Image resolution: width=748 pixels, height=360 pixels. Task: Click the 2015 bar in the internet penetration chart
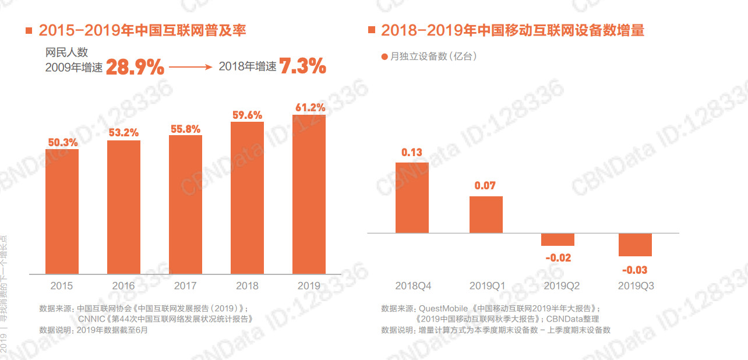[62, 211]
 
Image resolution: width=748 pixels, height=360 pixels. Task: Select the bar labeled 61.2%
[309, 194]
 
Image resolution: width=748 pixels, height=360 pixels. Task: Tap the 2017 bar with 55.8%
[185, 204]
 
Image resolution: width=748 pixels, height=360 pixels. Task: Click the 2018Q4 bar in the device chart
[412, 197]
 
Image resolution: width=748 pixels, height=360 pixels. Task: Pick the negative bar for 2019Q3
[635, 245]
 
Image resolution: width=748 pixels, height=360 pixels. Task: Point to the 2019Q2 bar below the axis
[558, 239]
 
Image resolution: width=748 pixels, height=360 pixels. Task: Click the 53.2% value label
[124, 133]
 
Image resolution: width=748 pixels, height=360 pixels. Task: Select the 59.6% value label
[247, 115]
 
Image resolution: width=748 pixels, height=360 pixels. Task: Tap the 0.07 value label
[485, 186]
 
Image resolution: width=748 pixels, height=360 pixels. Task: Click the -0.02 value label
[558, 257]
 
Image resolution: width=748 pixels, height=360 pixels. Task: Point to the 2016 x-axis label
[124, 285]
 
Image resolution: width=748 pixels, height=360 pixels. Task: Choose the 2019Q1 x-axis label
[487, 285]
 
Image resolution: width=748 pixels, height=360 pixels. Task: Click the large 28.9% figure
[135, 67]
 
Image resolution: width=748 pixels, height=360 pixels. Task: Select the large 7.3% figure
[302, 66]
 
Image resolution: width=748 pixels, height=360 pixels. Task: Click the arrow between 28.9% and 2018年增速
[190, 67]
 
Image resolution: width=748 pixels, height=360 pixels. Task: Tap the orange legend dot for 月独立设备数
[384, 57]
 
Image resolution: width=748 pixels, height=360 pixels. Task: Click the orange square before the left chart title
[29, 30]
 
